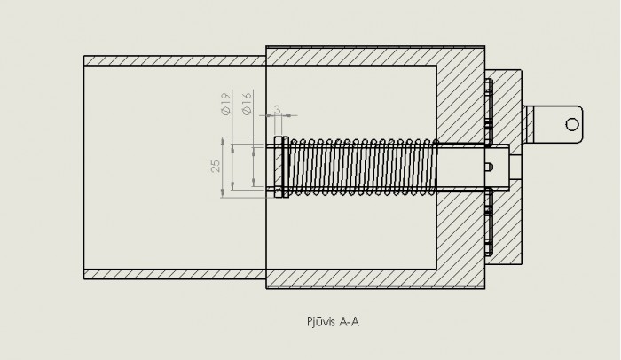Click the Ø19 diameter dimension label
coord(225,104)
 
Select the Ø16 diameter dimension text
coord(247,104)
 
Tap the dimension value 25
coord(216,166)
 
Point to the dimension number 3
coord(277,109)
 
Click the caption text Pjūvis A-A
coord(333,322)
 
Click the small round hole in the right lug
coord(572,124)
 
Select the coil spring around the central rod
coord(362,167)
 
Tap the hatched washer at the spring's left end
coord(281,167)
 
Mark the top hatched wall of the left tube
coord(175,60)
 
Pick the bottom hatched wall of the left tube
coord(175,274)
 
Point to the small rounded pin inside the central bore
coord(489,167)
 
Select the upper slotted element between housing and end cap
coord(489,110)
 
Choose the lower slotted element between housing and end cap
coord(489,222)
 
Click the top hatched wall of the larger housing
coord(375,56)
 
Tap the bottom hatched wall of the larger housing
coord(375,278)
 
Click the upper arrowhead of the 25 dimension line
coord(223,141)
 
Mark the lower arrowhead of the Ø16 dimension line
coord(254,183)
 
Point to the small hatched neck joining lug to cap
coord(528,124)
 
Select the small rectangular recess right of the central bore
coord(515,167)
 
